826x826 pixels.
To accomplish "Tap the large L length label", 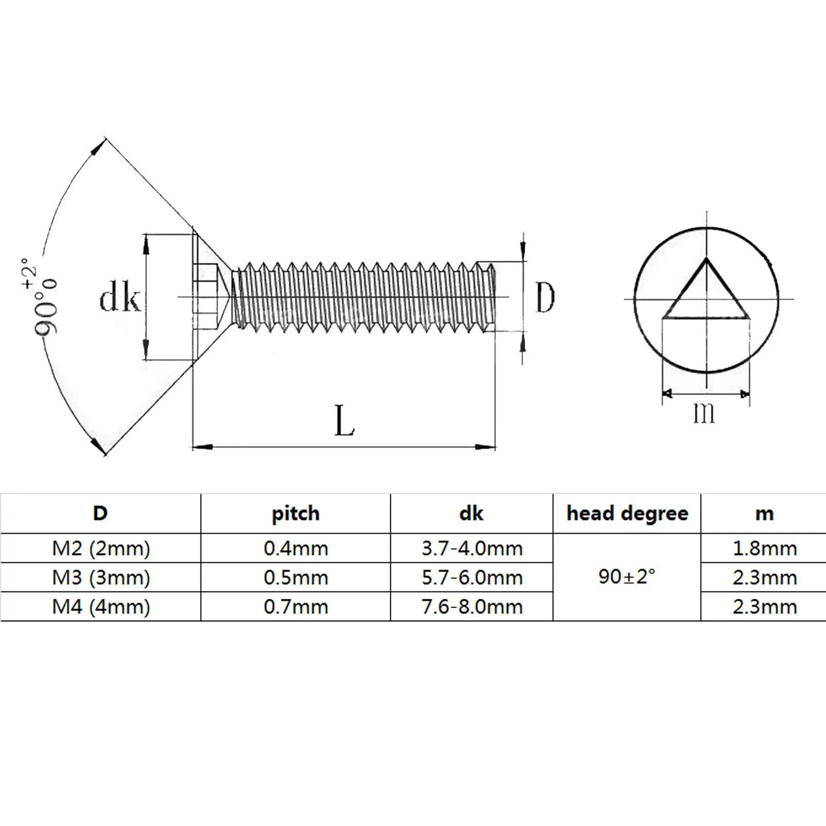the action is tap(345, 420).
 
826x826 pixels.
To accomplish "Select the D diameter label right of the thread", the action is tap(545, 297).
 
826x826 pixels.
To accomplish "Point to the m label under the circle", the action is tap(704, 413).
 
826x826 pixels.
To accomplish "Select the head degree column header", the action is tap(627, 513).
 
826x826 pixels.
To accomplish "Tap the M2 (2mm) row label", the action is tap(101, 548).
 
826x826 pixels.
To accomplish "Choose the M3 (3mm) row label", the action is tap(101, 578).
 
